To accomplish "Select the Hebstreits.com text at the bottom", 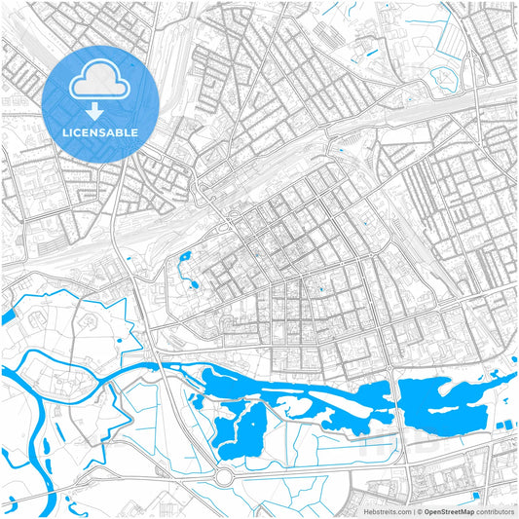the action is (389, 511).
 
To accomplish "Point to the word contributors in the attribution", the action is (496, 511).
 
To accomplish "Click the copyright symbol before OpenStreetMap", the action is (421, 511).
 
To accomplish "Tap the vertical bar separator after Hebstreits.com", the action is (414, 511).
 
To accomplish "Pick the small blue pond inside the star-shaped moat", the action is (118, 340).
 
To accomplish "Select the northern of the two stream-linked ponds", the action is (184, 258).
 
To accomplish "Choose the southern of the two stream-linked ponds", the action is (193, 284).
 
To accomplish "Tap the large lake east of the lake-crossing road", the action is (443, 404).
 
